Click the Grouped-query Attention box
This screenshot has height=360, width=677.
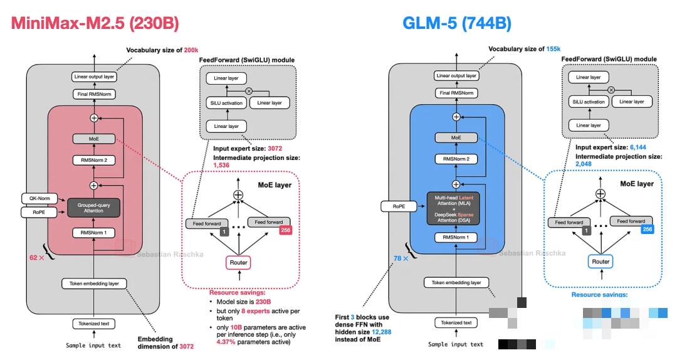click(x=94, y=208)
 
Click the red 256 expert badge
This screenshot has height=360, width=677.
click(x=285, y=231)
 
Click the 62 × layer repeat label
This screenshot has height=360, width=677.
click(x=36, y=258)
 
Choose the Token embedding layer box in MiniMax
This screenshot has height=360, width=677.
click(x=94, y=283)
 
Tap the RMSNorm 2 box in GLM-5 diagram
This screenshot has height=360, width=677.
click(x=456, y=159)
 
